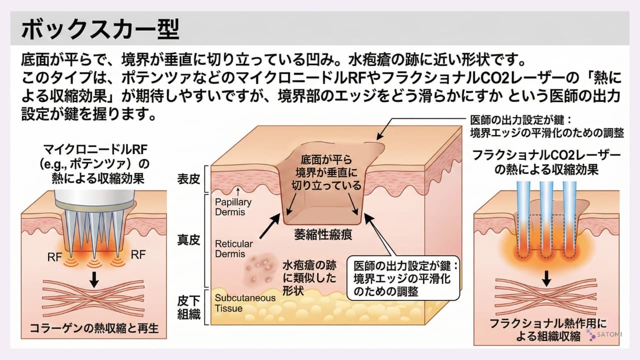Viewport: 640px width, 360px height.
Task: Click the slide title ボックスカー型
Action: [100, 29]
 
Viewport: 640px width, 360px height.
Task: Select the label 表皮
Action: [188, 178]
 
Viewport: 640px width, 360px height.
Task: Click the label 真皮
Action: [188, 240]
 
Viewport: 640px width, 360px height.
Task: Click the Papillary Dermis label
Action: [233, 207]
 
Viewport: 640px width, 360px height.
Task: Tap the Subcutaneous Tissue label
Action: [245, 303]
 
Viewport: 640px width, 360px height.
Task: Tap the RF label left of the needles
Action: [55, 256]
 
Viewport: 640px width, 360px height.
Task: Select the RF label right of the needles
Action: [138, 255]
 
